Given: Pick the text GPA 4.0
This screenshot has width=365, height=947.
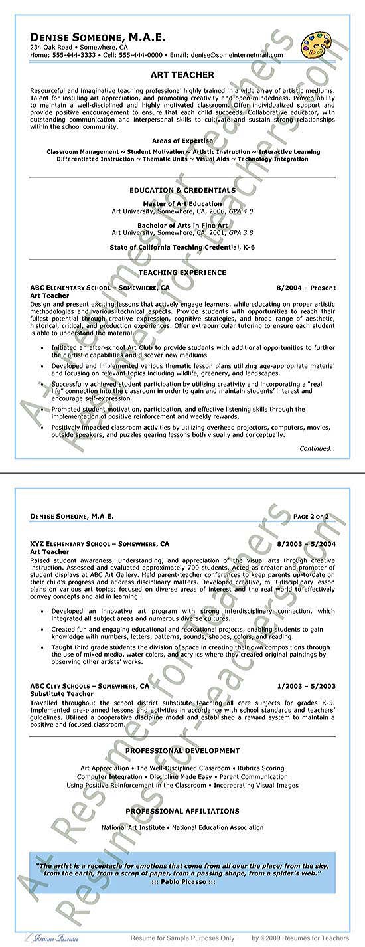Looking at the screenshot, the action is [x=240, y=211].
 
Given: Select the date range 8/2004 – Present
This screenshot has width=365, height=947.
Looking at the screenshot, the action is [x=306, y=288].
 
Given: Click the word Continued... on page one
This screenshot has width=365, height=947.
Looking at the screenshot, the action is [x=317, y=448].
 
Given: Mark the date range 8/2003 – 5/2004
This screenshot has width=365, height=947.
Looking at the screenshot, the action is [x=305, y=544].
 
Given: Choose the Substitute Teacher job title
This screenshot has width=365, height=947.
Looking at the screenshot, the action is [x=62, y=693].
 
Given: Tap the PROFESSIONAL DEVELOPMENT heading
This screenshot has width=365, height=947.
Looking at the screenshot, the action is [x=183, y=750].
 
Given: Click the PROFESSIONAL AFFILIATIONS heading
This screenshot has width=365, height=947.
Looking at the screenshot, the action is [x=183, y=811].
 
